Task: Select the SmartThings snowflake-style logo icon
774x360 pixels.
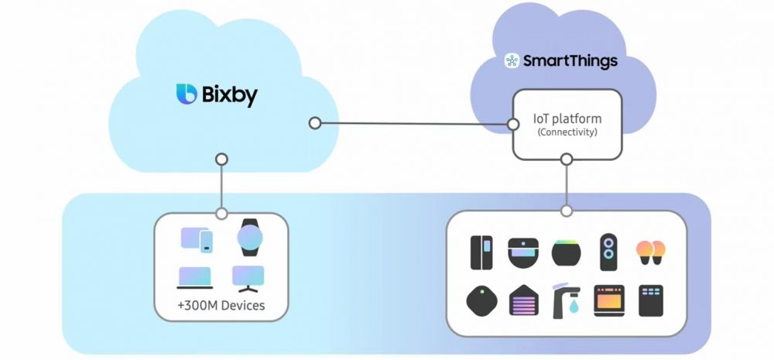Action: point(512,61)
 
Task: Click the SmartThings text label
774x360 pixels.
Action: point(571,61)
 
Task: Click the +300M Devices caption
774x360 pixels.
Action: point(221,305)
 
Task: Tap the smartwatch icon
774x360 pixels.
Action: point(250,237)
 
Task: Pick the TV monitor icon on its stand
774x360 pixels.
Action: point(249,277)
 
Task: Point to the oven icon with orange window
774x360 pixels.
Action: point(608,300)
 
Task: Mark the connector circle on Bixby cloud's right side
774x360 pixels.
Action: point(314,123)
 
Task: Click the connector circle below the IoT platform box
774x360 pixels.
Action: point(567,159)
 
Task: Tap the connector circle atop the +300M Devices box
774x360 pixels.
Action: point(221,213)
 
